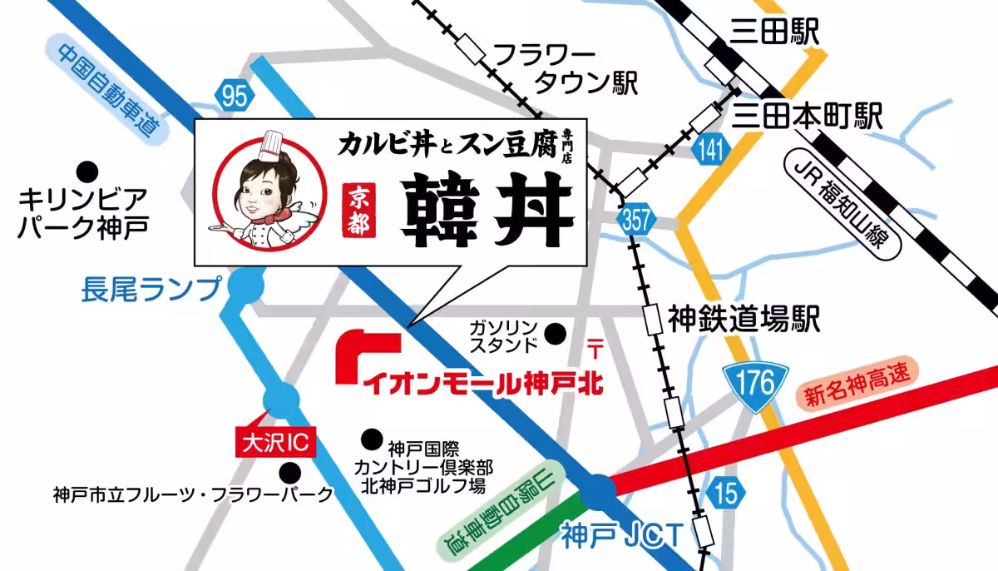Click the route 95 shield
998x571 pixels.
pyautogui.click(x=234, y=96)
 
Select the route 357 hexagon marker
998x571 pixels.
pyautogui.click(x=635, y=218)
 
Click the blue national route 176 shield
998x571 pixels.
pyautogui.click(x=754, y=383)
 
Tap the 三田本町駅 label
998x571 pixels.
pyautogui.click(x=806, y=116)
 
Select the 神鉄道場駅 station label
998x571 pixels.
pyautogui.click(x=744, y=317)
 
